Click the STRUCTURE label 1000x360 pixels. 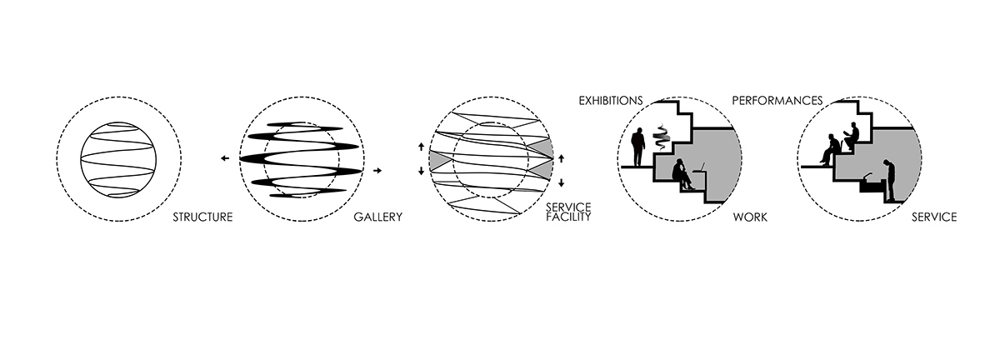(x=202, y=217)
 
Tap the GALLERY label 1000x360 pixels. (x=378, y=217)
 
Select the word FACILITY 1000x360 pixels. (x=568, y=217)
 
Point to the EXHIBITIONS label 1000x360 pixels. (x=611, y=101)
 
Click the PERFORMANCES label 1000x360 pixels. (x=777, y=101)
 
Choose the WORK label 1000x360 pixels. (x=750, y=217)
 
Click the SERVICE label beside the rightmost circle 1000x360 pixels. (x=934, y=217)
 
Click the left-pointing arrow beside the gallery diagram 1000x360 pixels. (x=225, y=158)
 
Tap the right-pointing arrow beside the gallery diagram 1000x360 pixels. (x=377, y=170)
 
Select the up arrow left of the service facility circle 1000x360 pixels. (x=421, y=147)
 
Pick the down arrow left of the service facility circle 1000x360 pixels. (x=421, y=171)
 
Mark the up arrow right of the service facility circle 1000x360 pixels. (x=561, y=158)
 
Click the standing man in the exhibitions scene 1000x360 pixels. (x=638, y=147)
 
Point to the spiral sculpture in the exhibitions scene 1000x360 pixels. (x=661, y=138)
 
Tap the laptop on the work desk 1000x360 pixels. (x=698, y=168)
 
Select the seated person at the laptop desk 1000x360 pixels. (x=682, y=174)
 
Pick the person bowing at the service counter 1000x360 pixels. (x=889, y=180)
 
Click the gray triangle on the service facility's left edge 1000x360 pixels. (x=437, y=159)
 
